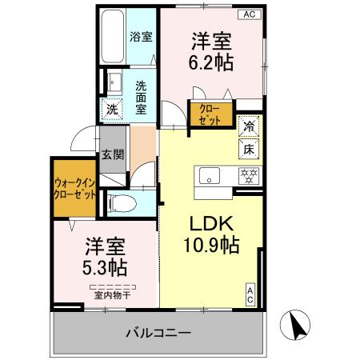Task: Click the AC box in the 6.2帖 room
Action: click(x=249, y=14)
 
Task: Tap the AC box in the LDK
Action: click(x=250, y=294)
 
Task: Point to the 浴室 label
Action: click(x=141, y=36)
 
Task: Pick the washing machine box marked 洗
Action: click(x=111, y=110)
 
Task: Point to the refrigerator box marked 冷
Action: click(x=249, y=126)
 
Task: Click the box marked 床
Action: click(x=249, y=149)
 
